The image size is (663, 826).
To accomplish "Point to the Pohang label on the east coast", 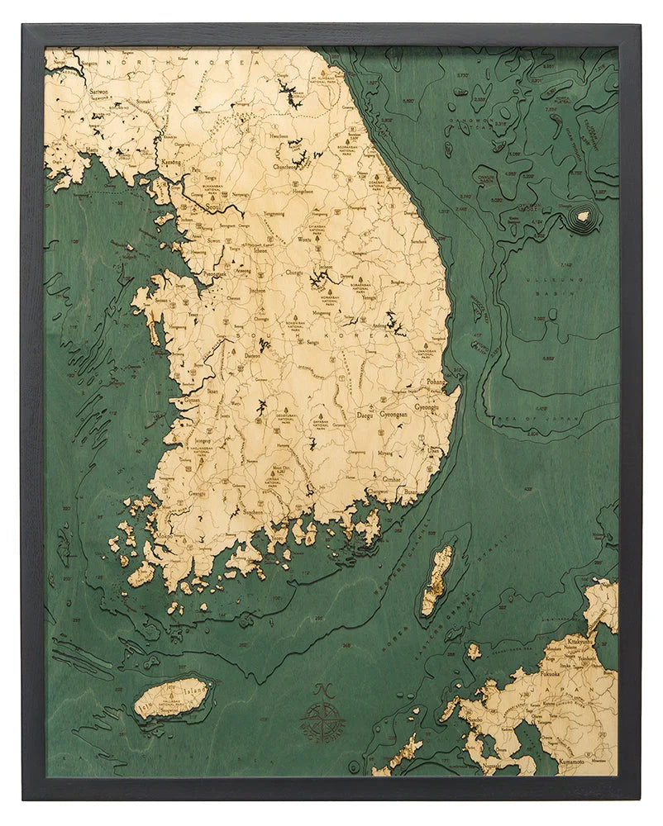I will click(x=436, y=382).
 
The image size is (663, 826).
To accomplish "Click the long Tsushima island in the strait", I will click(x=437, y=580).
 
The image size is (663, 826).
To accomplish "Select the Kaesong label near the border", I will click(x=171, y=163).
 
